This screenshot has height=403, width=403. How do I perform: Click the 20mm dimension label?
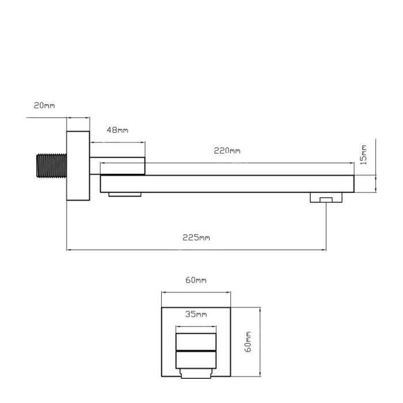click(44, 105)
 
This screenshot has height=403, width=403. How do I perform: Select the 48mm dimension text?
click(117, 130)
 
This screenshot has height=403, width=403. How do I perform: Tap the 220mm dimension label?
click(227, 151)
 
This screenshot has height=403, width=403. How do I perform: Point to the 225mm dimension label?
click(196, 237)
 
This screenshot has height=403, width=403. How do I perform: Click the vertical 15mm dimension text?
click(363, 155)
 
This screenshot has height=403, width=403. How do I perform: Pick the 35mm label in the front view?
click(196, 314)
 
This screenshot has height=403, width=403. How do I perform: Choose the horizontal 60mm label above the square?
click(196, 280)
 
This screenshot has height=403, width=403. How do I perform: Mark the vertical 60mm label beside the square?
click(248, 342)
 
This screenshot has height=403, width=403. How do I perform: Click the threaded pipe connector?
click(51, 166)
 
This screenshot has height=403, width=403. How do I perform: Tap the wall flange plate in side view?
click(78, 166)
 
